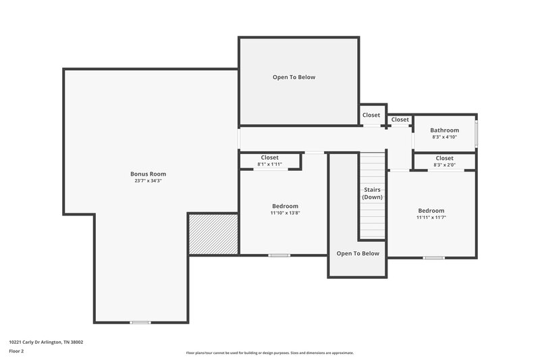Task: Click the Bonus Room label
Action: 148,174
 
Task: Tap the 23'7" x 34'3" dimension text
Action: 148,181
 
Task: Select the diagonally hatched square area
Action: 213,234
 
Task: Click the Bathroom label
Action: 445,130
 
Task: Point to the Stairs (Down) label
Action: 372,193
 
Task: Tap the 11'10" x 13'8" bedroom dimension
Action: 285,213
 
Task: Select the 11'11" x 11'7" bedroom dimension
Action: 431,217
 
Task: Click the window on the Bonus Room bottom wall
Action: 140,322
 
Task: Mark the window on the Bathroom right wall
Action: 476,134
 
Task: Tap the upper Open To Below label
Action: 294,77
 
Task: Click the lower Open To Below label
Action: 358,253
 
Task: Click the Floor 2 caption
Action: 16,351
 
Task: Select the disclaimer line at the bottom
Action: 269,353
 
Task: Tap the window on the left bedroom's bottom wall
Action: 279,255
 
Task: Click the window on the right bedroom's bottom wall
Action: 433,257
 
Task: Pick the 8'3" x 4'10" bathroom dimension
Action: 445,137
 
